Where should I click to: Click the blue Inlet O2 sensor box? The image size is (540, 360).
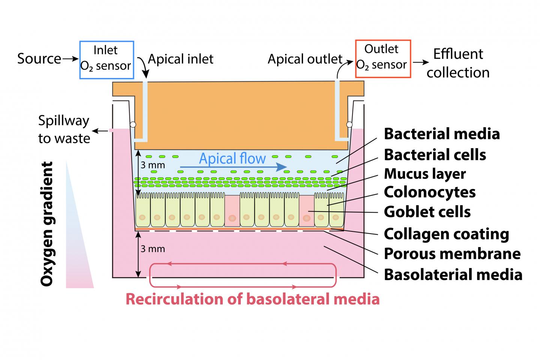coord(106,60)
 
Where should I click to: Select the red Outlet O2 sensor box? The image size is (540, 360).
coord(382,58)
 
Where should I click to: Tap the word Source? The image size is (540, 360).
coord(39,59)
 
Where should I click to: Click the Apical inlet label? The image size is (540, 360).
coord(181,59)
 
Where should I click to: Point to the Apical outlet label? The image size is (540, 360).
coord(304,59)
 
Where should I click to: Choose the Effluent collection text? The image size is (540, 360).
coord(458,63)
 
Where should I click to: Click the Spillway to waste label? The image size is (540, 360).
coord(64,129)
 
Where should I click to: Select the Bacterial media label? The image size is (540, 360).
coord(442,134)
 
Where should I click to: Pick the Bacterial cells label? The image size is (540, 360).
coord(435,154)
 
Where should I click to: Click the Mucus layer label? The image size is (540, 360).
coord(425,174)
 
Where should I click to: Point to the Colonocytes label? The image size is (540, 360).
coord(430,192)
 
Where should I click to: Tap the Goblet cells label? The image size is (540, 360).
coord(427,212)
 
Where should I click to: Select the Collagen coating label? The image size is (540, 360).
coord(446,234)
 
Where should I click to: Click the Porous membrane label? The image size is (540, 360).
coord(452,254)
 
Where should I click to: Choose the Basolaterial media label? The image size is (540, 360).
coord(453,275)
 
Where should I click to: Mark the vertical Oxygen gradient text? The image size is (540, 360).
coord(47,224)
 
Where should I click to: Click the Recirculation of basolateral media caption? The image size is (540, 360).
coord(252,299)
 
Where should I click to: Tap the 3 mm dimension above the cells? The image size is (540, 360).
coord(153,165)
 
